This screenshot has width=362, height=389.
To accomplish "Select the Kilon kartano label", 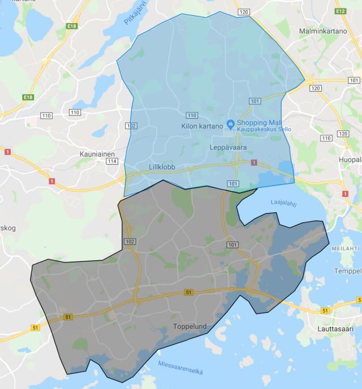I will tap(202, 126).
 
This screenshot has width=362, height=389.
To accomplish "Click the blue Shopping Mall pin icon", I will tap(230, 124).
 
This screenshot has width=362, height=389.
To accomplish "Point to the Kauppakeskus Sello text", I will tap(264, 129).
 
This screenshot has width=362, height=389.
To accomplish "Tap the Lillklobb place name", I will tap(162, 167).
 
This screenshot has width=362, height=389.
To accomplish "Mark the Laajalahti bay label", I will tap(283, 203).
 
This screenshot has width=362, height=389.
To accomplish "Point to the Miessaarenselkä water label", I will tap(180, 367).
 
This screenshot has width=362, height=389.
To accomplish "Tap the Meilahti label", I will tap(345, 248).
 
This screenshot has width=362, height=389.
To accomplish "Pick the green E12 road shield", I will tap(340, 11).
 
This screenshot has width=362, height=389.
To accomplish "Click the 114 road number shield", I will tap(111, 161).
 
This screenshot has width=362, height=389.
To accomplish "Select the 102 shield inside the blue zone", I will tap(131, 126).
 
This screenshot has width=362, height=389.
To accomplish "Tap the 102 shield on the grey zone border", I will tap(130, 241).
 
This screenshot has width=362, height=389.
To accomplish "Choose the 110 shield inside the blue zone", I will tap(192, 115).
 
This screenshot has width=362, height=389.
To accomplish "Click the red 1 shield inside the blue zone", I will tap(253, 163).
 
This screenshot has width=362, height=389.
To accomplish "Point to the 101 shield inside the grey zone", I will tap(232, 245).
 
